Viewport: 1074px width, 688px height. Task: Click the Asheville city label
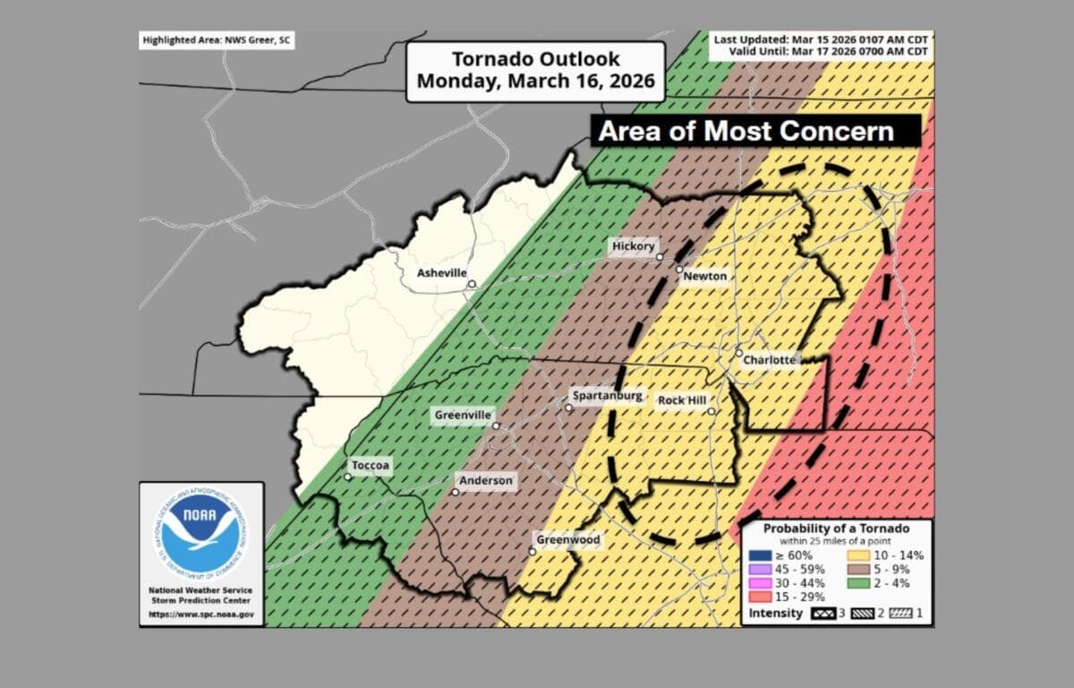[441, 273]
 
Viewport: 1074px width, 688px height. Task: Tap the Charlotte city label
[770, 360]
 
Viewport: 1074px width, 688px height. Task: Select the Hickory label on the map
[634, 246]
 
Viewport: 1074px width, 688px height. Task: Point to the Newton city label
[705, 277]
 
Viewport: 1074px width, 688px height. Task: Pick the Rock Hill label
[682, 400]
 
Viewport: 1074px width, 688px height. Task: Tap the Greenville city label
[463, 416]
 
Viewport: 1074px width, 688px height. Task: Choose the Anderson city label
[486, 481]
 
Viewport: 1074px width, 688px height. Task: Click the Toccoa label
[371, 466]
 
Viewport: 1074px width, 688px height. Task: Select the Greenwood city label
[567, 540]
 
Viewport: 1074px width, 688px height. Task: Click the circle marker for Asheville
[472, 285]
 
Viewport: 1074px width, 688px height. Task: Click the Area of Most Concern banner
[746, 132]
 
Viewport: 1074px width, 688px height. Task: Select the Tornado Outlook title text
[535, 70]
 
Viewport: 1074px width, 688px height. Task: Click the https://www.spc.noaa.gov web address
[200, 615]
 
